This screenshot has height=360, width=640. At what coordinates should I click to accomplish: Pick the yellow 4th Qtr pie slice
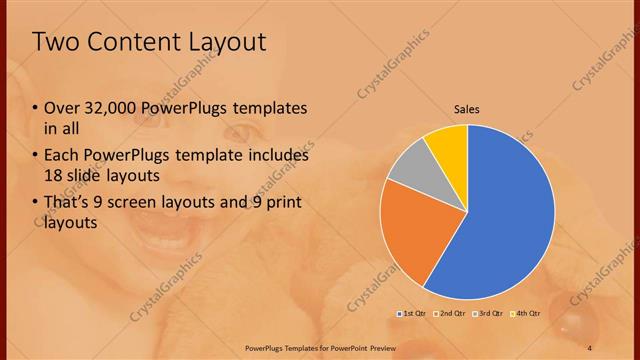(x=447, y=144)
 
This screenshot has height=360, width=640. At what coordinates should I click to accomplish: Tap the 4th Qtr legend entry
(x=526, y=314)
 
